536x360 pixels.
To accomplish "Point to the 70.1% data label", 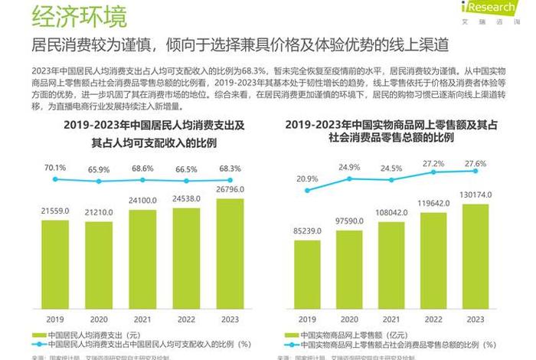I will [x=54, y=167].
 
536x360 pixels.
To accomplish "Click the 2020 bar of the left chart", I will [x=98, y=264].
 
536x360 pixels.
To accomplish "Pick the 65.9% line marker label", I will [x=99, y=169].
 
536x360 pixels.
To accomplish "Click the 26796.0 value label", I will [x=230, y=189].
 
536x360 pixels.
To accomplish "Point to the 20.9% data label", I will [x=306, y=178].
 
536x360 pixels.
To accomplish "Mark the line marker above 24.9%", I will [x=349, y=178].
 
